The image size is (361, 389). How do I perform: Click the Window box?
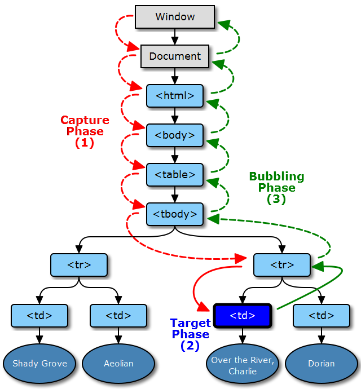click(175, 17)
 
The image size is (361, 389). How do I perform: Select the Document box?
click(175, 56)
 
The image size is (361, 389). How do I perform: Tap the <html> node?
click(175, 96)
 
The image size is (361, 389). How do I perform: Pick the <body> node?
click(175, 135)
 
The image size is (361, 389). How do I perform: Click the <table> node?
click(175, 175)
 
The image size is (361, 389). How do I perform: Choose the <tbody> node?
click(175, 214)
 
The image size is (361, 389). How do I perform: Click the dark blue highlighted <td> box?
click(243, 316)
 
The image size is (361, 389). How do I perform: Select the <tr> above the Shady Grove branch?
click(79, 265)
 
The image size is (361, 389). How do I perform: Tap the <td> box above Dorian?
click(322, 316)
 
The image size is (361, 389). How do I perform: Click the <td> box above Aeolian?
click(118, 316)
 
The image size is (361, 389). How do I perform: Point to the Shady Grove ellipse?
click(39, 364)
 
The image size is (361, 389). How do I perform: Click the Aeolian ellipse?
click(118, 364)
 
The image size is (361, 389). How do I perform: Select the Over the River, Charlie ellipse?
click(243, 364)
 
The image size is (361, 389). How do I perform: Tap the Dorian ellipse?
click(322, 364)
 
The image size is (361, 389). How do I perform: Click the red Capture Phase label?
click(85, 131)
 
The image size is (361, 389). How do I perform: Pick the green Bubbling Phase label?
click(276, 188)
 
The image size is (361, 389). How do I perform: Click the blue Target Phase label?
click(191, 334)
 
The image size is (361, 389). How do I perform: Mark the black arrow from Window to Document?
click(175, 37)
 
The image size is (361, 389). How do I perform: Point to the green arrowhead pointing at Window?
click(224, 24)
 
